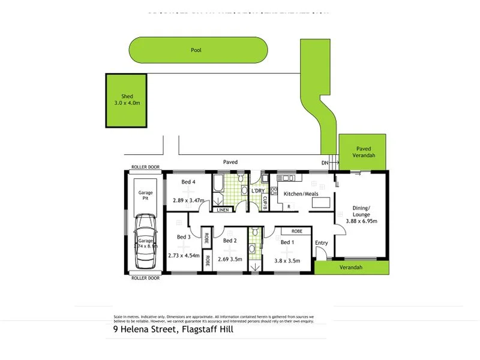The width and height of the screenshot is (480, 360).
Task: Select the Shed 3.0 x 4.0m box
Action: click(x=127, y=100)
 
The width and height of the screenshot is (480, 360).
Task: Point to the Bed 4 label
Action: click(x=188, y=182)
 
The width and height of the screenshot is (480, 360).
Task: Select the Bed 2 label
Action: click(x=230, y=241)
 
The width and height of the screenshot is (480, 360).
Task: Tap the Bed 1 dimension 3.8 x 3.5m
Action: click(x=287, y=260)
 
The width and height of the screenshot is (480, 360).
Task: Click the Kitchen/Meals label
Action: click(x=301, y=194)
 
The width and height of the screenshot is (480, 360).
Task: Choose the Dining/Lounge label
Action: click(x=361, y=211)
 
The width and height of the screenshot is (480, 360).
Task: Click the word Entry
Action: click(x=322, y=242)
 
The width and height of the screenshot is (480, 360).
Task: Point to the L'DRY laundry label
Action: click(x=258, y=191)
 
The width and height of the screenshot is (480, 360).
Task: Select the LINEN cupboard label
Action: click(x=223, y=210)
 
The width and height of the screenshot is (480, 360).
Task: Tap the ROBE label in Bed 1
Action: click(x=296, y=231)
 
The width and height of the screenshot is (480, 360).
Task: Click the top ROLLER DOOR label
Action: click(x=145, y=167)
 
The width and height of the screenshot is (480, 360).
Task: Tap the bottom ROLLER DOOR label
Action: click(x=145, y=278)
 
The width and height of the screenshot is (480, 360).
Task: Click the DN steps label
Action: click(x=325, y=163)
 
